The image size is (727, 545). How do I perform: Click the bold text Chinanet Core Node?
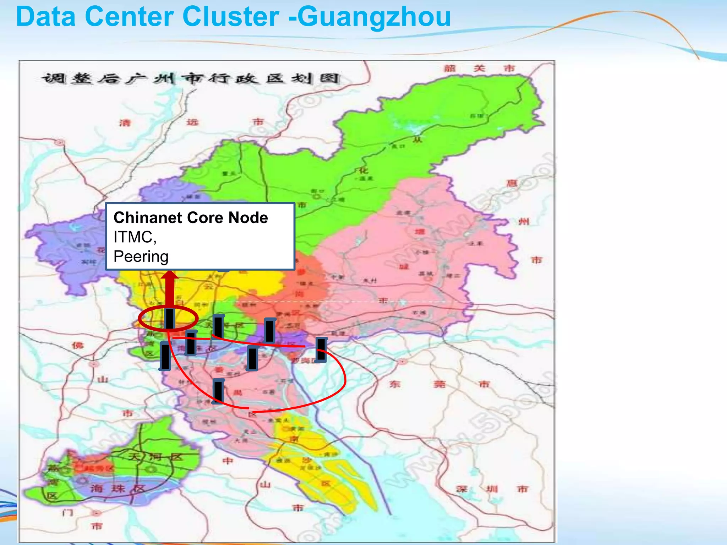pyautogui.click(x=191, y=218)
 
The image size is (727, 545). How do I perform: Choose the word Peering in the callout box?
pyautogui.click(x=141, y=256)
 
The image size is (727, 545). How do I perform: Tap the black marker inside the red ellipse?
pyautogui.click(x=170, y=319)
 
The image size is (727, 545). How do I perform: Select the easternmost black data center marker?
pyautogui.click(x=321, y=350)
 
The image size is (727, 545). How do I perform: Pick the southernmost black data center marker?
pyautogui.click(x=218, y=391)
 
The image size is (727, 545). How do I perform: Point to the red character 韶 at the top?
pyautogui.click(x=449, y=68)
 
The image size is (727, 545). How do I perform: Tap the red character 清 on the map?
pyautogui.click(x=125, y=123)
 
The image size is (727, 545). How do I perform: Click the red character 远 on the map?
pyautogui.click(x=192, y=122)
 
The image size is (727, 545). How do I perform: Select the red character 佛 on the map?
pyautogui.click(x=77, y=345)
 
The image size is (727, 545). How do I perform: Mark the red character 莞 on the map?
pyautogui.click(x=439, y=384)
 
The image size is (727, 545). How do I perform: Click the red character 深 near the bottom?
pyautogui.click(x=461, y=489)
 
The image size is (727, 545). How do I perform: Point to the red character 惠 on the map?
pyautogui.click(x=512, y=183)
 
